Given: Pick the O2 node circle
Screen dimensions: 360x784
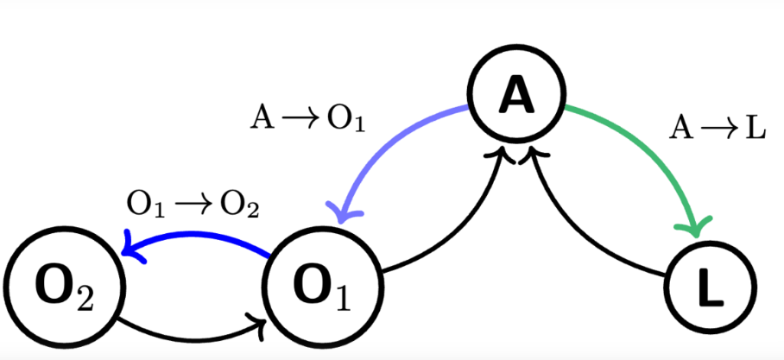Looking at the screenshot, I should click(58, 291).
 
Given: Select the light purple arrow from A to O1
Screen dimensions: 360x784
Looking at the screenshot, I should click(389, 138).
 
